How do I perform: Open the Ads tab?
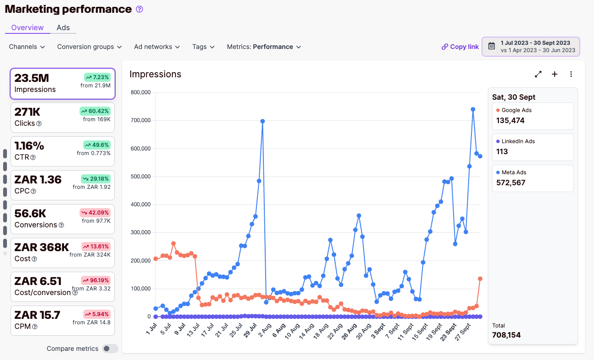63,27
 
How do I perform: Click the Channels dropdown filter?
27,47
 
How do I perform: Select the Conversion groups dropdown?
89,47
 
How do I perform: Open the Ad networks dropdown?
157,47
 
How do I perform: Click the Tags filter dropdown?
203,47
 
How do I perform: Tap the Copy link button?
460,47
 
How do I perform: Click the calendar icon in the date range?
492,46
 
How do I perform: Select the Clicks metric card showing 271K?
63,118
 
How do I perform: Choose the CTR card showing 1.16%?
63,151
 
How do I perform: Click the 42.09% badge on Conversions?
95,213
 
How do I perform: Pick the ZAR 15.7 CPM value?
37,315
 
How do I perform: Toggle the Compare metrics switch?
110,348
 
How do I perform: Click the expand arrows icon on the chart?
538,74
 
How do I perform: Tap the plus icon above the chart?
555,74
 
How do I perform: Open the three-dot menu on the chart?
571,74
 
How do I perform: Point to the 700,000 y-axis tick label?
140,120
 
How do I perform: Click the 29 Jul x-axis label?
250,330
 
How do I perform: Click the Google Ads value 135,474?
510,120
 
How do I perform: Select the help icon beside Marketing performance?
139,9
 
